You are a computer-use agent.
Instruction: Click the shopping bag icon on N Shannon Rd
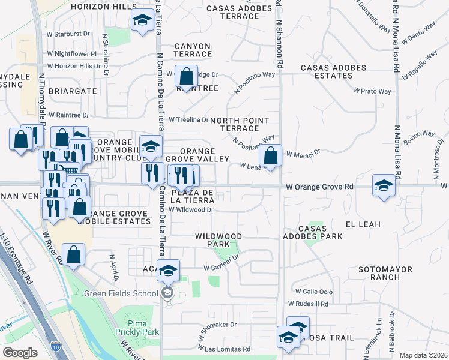(x=271, y=156)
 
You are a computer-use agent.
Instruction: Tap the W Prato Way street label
(x=372, y=91)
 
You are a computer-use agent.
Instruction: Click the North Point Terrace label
(x=239, y=124)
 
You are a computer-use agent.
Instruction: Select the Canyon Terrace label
(x=193, y=50)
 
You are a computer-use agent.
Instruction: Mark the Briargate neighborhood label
(x=76, y=91)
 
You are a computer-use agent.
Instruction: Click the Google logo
(x=20, y=352)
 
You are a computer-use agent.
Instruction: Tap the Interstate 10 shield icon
(x=55, y=347)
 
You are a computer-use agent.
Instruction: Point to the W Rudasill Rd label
(x=308, y=304)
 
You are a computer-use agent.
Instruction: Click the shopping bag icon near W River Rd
(x=73, y=254)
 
